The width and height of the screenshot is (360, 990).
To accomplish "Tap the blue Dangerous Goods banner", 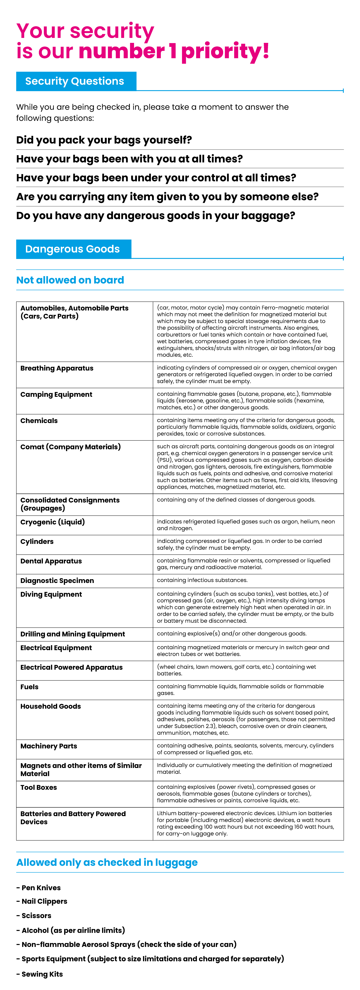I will click(73, 249).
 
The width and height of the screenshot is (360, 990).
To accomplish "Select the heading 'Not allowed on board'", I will click(70, 280).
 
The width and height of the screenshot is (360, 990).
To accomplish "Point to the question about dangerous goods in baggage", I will click(156, 216).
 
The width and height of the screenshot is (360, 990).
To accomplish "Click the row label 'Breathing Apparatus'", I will click(57, 368).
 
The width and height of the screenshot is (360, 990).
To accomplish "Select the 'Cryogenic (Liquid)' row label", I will click(53, 522).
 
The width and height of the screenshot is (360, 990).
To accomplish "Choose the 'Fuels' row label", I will click(30, 687).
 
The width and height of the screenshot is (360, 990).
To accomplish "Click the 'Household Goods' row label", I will click(51, 706).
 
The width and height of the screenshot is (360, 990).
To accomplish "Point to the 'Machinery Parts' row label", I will click(49, 746).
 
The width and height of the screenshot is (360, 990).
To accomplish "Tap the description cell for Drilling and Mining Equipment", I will click(232, 633).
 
